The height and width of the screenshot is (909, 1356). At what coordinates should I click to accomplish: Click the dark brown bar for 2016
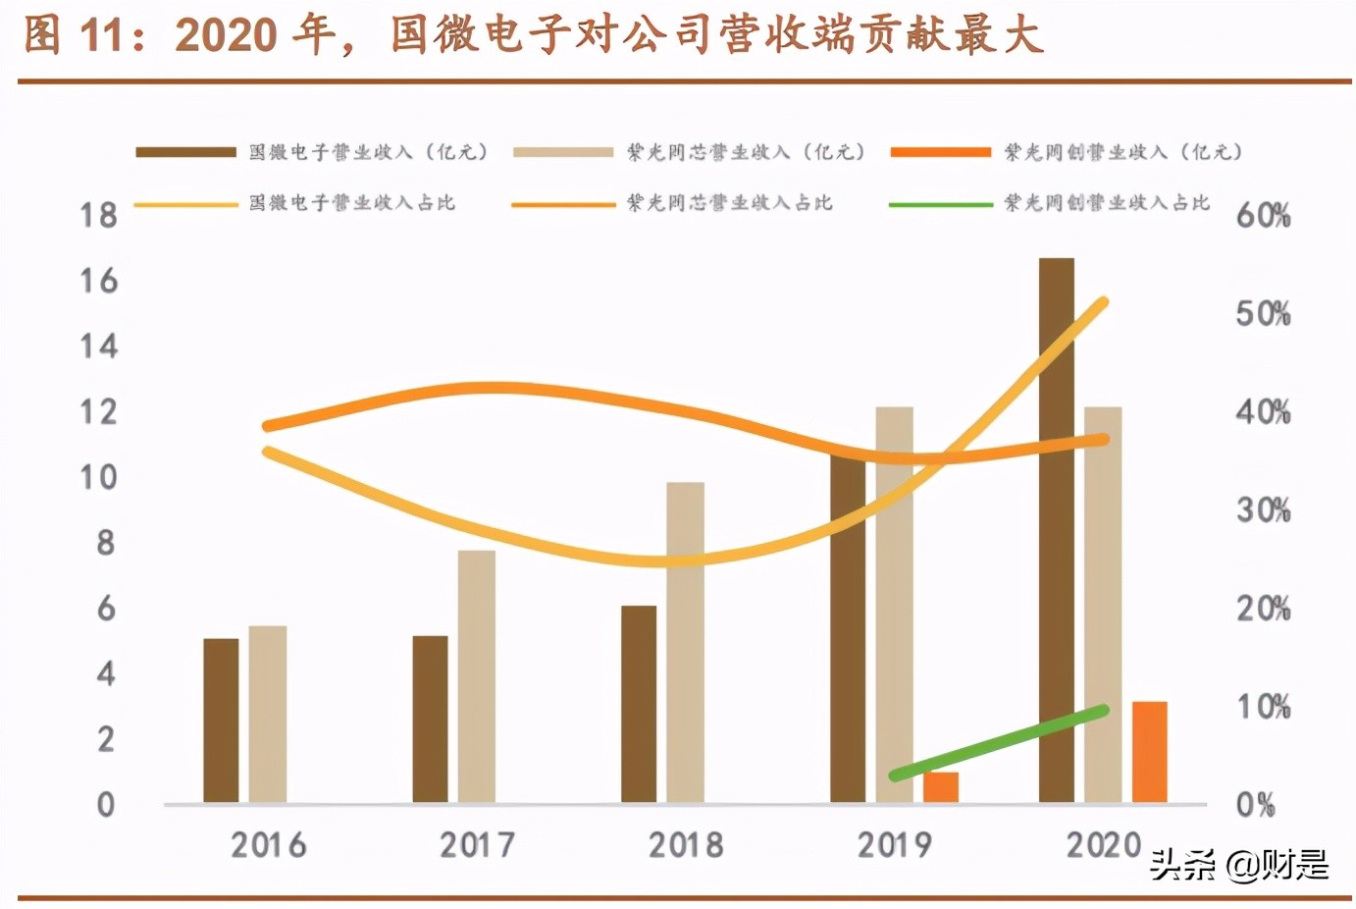[221, 721]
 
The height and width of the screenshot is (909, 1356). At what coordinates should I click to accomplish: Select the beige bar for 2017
[477, 676]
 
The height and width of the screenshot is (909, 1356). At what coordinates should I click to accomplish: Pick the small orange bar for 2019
[941, 787]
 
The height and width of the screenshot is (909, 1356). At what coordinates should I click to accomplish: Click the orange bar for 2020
[1150, 752]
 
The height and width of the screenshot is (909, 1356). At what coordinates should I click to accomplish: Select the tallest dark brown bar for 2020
[1057, 530]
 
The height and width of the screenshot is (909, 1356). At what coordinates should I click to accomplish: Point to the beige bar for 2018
[686, 642]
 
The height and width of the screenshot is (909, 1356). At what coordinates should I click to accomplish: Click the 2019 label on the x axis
[894, 844]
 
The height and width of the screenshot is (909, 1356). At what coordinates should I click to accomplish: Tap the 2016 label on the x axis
[268, 844]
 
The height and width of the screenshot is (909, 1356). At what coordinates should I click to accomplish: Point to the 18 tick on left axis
[98, 215]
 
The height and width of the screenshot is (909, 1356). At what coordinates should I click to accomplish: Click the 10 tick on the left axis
[98, 477]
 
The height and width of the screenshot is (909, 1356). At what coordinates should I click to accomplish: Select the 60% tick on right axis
[1263, 215]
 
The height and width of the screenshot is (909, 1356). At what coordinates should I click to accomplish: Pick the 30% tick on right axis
[1263, 509]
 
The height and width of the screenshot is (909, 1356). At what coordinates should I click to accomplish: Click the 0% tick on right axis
[1256, 805]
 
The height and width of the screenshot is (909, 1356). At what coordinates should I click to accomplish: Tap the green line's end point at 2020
[1103, 710]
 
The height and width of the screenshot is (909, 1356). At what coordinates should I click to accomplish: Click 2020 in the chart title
[226, 35]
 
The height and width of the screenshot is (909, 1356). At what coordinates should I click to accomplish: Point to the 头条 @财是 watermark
[1239, 865]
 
